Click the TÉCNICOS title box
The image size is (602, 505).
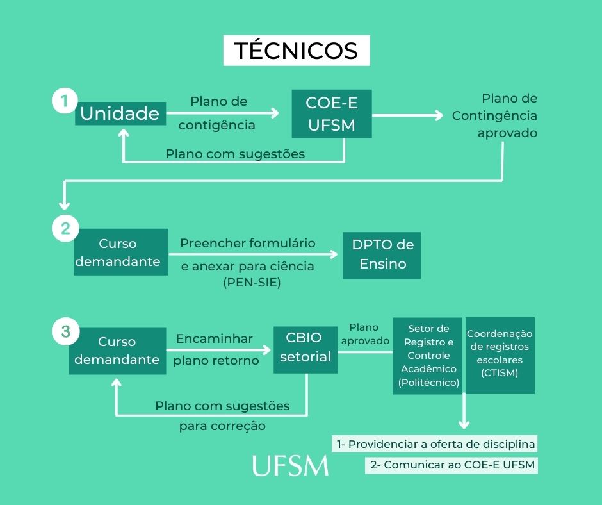pyautogui.click(x=297, y=51)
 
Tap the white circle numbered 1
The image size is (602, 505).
pyautogui.click(x=64, y=101)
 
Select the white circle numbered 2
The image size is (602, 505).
pyautogui.click(x=65, y=228)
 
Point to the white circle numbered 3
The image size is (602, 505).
pyautogui.click(x=65, y=331)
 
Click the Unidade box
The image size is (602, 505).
pyautogui.click(x=120, y=114)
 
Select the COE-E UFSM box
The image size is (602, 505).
pyautogui.click(x=331, y=113)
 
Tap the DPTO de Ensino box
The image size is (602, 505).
pyautogui.click(x=382, y=254)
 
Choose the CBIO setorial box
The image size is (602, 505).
pyautogui.click(x=305, y=347)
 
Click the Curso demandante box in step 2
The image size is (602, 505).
pyautogui.click(x=121, y=252)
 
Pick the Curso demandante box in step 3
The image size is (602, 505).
pyautogui.click(x=117, y=351)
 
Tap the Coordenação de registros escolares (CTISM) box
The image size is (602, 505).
pyautogui.click(x=500, y=355)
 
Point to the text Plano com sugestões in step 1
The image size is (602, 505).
pyautogui.click(x=235, y=154)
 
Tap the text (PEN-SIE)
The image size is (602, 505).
pyautogui.click(x=253, y=283)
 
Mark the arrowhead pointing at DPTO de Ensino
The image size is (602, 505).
pyautogui.click(x=334, y=254)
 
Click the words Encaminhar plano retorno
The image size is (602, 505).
pyautogui.click(x=216, y=349)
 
